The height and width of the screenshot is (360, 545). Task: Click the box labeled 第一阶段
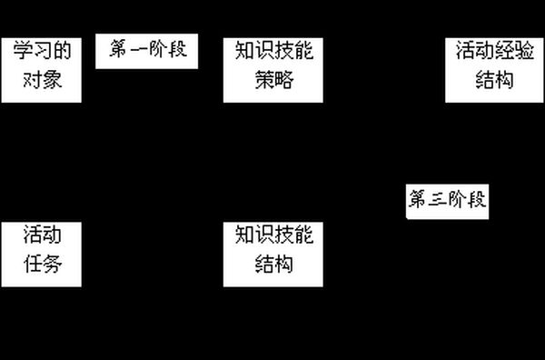(146, 51)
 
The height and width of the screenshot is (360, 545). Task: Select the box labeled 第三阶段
(447, 202)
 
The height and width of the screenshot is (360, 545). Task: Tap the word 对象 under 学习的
(43, 80)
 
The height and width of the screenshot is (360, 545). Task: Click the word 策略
(274, 80)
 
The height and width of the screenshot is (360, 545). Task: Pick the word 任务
(43, 264)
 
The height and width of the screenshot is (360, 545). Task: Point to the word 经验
(514, 50)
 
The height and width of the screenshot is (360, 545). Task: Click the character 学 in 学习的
(23, 50)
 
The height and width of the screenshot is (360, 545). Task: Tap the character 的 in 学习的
(62, 50)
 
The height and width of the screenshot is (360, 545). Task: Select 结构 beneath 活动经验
(494, 80)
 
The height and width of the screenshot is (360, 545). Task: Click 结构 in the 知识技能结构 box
(274, 264)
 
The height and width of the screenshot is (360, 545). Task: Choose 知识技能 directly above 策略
(274, 50)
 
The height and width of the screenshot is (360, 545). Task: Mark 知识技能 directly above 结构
(274, 234)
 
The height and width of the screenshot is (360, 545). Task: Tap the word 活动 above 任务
(43, 234)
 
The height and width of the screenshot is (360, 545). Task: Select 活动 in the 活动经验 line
(475, 50)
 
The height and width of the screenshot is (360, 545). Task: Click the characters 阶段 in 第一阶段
(168, 49)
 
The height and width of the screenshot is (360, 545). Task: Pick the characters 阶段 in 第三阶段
(467, 199)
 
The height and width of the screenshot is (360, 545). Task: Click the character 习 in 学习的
(43, 50)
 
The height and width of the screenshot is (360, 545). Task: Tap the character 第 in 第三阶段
(418, 199)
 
